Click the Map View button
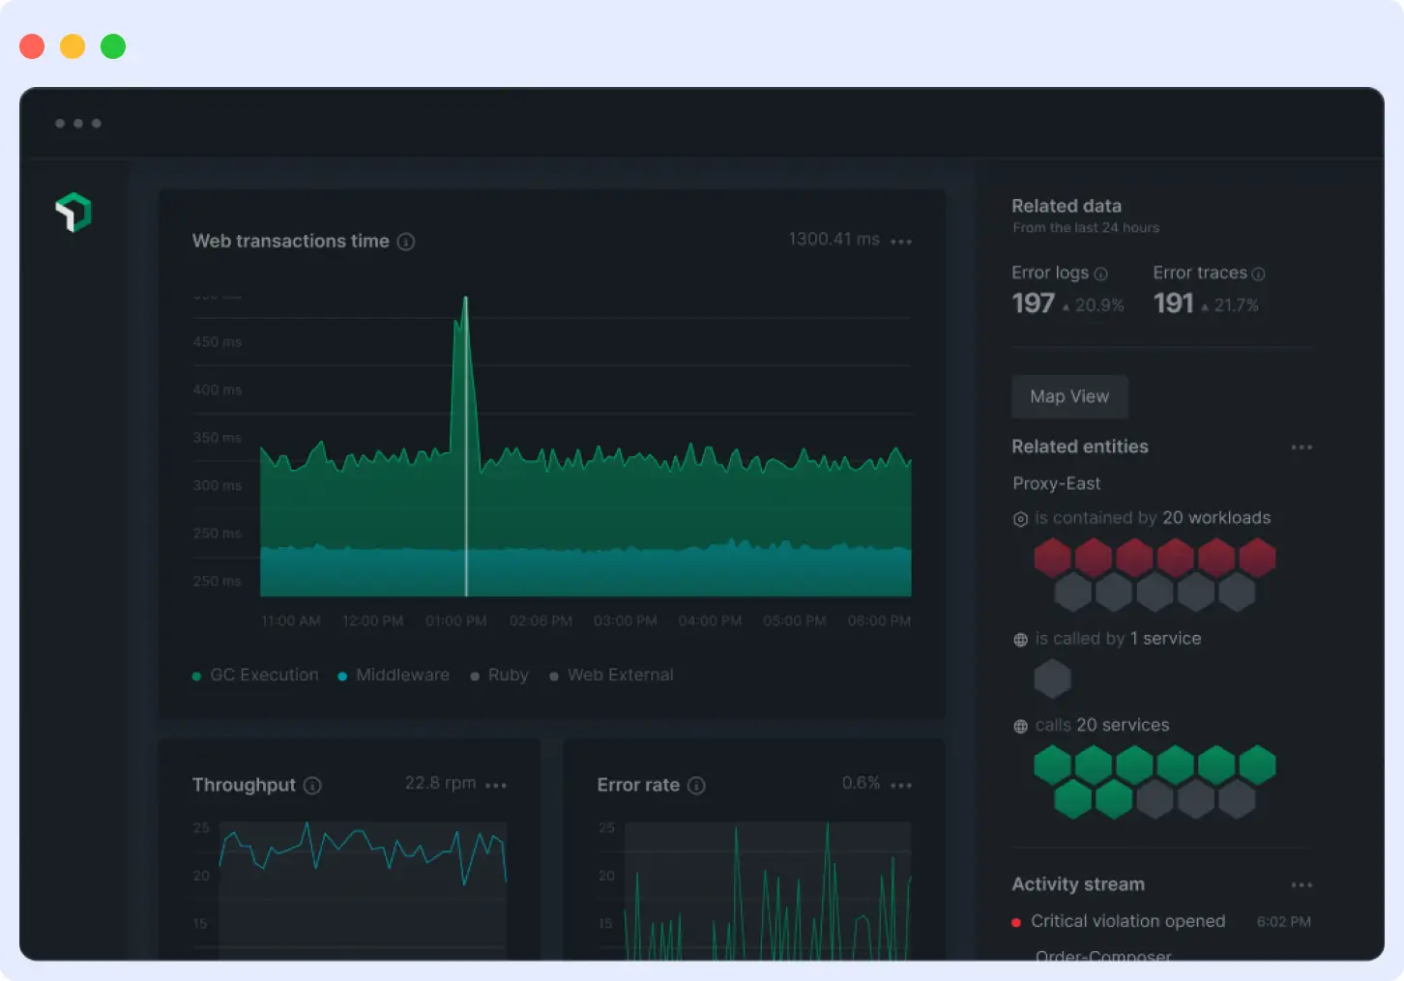click(x=1069, y=396)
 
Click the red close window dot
click(x=32, y=46)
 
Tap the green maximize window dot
click(x=113, y=46)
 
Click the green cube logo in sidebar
click(x=73, y=213)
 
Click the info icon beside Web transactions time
click(x=406, y=242)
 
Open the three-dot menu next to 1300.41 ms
click(x=901, y=242)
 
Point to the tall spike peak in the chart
click(x=465, y=300)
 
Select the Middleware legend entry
click(x=401, y=675)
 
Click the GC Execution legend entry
click(x=263, y=675)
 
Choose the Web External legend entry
click(x=619, y=675)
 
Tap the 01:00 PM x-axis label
click(x=456, y=620)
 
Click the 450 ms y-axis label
click(x=218, y=342)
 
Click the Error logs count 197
click(x=1033, y=303)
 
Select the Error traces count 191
click(x=1174, y=303)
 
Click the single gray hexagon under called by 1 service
click(x=1052, y=678)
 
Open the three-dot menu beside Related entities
click(x=1302, y=447)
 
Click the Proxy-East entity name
click(x=1056, y=483)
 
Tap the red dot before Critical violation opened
click(x=1016, y=922)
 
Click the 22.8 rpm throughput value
click(x=440, y=783)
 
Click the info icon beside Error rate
click(x=696, y=786)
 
